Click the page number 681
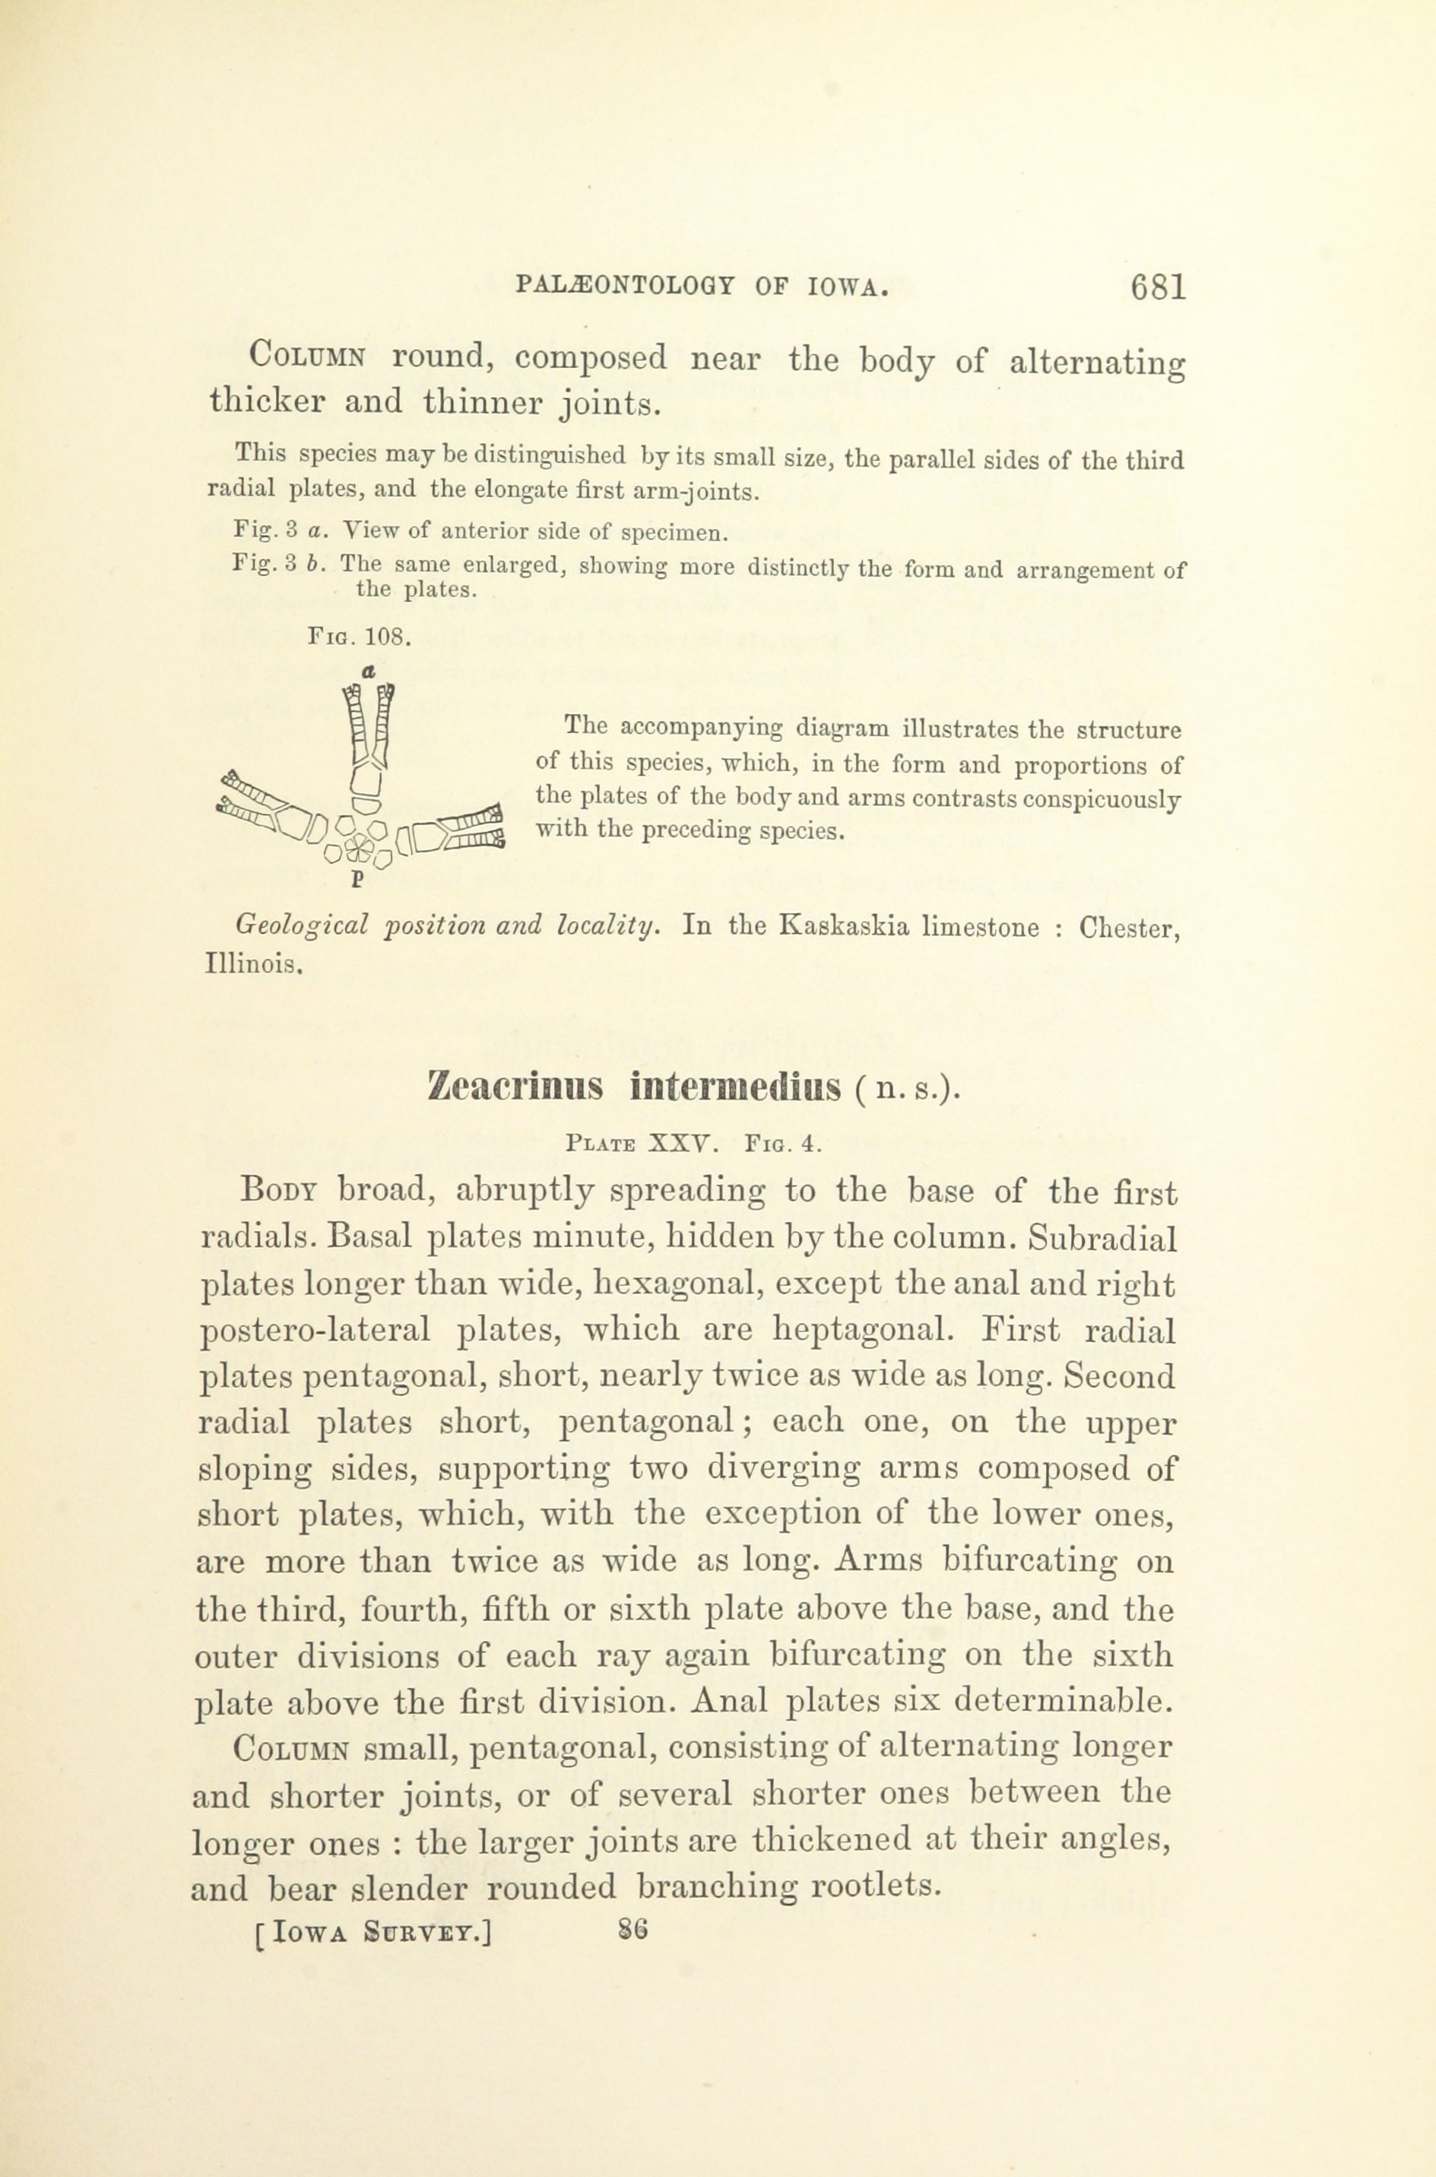1159,288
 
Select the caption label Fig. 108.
359,636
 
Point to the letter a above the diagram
367,671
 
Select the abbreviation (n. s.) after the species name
908,1090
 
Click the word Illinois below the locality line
252,963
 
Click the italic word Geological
301,927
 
